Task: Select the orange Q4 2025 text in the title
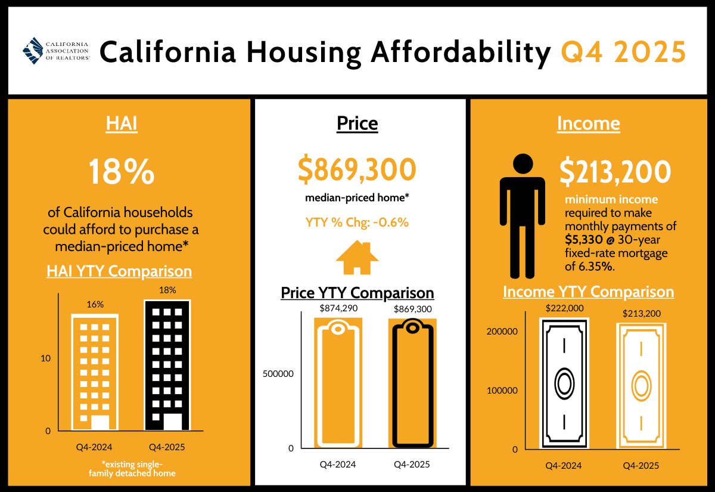[623, 52]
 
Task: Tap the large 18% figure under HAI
[122, 173]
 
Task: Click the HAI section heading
[122, 123]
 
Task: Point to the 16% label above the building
[95, 304]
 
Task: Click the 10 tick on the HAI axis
[45, 358]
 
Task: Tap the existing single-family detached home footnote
[130, 469]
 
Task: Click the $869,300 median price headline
[357, 170]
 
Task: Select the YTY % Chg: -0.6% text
[357, 223]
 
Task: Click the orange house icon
[357, 258]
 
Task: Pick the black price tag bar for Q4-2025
[412, 383]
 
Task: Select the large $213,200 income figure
[614, 172]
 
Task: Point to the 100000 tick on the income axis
[501, 391]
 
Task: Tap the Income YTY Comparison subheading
[589, 292]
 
